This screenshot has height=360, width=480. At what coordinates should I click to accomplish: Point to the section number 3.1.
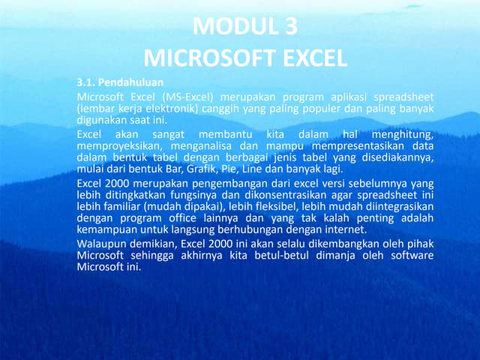pyautogui.click(x=87, y=81)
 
